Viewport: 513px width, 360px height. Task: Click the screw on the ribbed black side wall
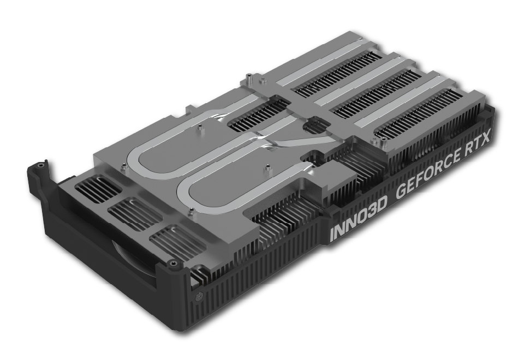tap(199, 297)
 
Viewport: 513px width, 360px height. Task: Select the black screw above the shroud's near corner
tap(172, 263)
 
